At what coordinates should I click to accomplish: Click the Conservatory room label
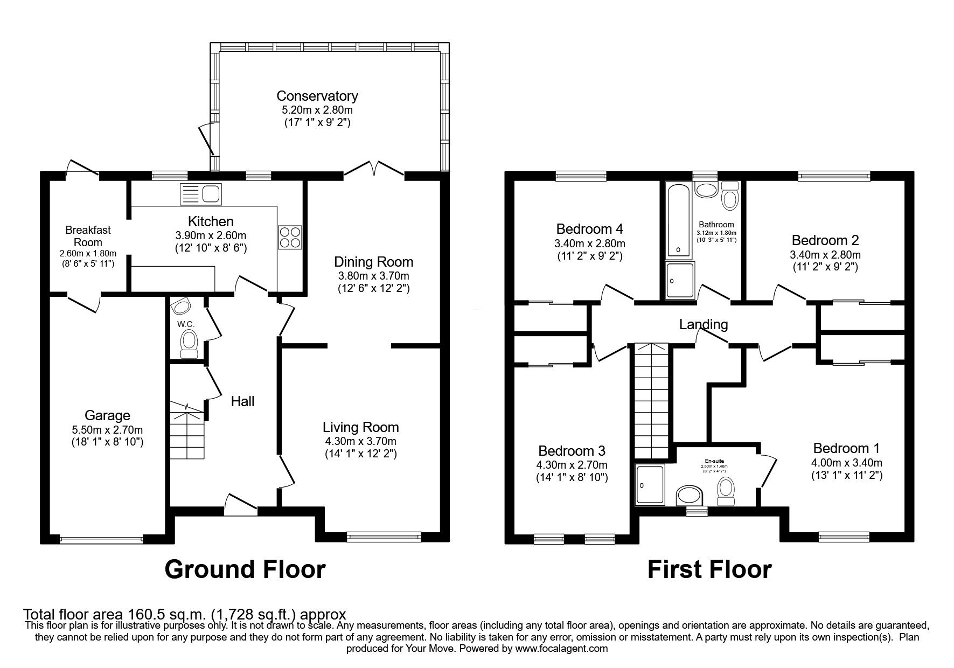tap(317, 96)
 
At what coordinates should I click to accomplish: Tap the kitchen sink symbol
tap(201, 194)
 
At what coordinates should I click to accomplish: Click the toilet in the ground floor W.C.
tap(188, 344)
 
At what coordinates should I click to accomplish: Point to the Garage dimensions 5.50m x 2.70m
tap(107, 429)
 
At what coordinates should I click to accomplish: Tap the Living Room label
tap(361, 427)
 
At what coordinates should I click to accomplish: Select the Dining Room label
tap(374, 262)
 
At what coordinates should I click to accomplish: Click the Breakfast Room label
tap(88, 236)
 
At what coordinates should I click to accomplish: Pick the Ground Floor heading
tap(245, 569)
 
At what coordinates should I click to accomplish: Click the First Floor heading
tap(709, 569)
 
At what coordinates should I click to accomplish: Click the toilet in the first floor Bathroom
tap(730, 196)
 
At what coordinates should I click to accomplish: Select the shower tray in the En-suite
tap(650, 485)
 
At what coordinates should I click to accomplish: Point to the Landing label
tap(704, 324)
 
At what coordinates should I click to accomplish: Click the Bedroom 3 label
tap(572, 450)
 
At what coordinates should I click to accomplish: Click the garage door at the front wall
tap(101, 539)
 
